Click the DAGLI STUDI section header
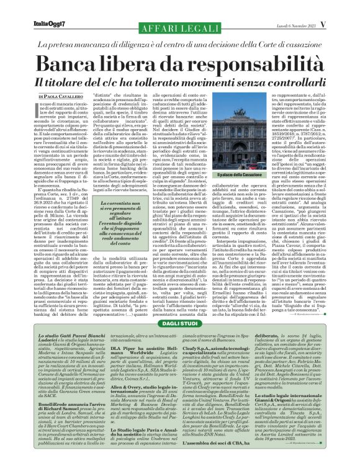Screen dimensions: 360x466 tap(179, 323)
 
